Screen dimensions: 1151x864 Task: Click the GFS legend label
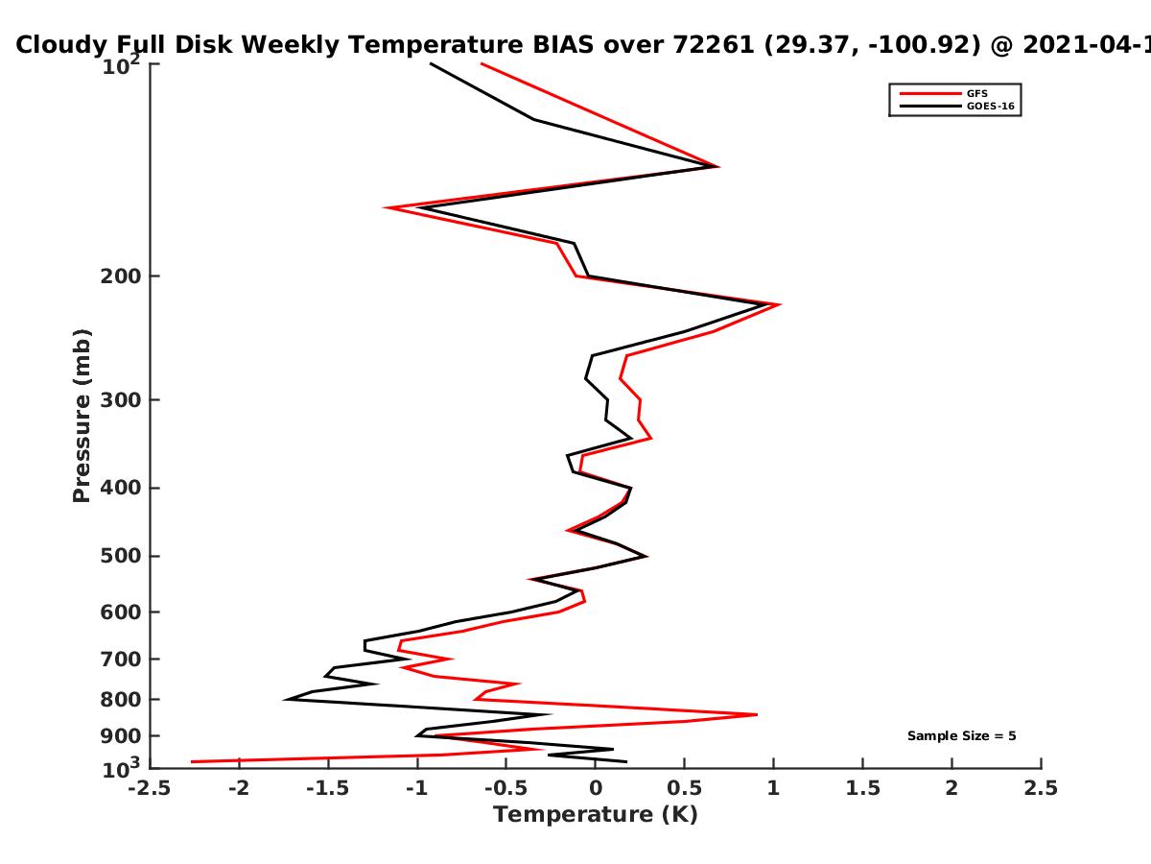pyautogui.click(x=976, y=94)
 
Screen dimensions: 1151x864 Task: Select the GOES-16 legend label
pyautogui.click(x=991, y=107)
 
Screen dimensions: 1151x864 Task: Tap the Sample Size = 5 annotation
pyautogui.click(x=962, y=736)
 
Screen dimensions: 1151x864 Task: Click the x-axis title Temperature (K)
pyautogui.click(x=596, y=815)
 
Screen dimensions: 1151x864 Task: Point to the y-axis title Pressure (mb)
pyautogui.click(x=82, y=416)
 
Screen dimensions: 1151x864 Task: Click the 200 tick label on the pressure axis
pyautogui.click(x=121, y=276)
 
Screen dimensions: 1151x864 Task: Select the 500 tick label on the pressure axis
pyautogui.click(x=121, y=556)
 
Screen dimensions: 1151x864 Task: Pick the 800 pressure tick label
pyautogui.click(x=121, y=700)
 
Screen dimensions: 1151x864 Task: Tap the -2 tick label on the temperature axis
pyautogui.click(x=239, y=788)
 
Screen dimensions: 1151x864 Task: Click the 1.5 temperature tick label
pyautogui.click(x=863, y=788)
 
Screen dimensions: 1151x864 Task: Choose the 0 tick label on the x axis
pyautogui.click(x=596, y=788)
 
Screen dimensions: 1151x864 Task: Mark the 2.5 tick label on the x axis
pyautogui.click(x=1041, y=788)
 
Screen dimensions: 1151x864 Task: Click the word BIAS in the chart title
pyautogui.click(x=563, y=45)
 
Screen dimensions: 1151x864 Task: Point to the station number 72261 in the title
pyautogui.click(x=714, y=45)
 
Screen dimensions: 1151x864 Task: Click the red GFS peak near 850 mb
pyautogui.click(x=757, y=714)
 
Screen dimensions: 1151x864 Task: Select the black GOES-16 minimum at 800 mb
pyautogui.click(x=284, y=699)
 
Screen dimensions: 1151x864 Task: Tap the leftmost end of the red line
pyautogui.click(x=192, y=761)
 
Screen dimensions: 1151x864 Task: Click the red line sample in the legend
pyautogui.click(x=930, y=94)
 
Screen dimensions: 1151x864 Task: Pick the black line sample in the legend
pyautogui.click(x=930, y=107)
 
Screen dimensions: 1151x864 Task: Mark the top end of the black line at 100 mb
pyautogui.click(x=431, y=64)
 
